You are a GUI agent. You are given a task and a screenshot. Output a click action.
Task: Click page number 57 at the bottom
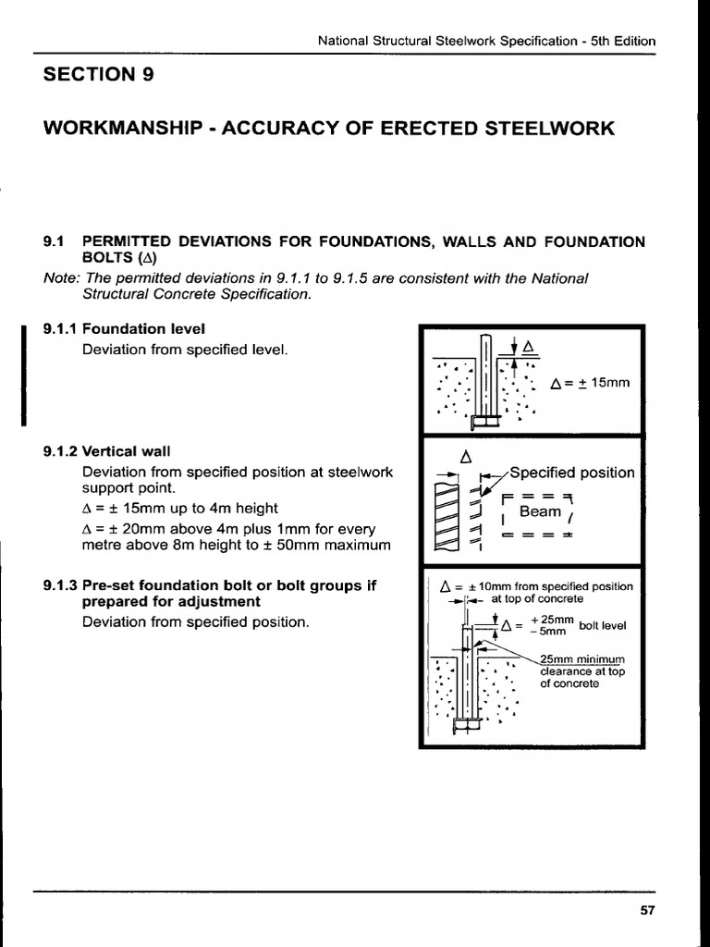(647, 910)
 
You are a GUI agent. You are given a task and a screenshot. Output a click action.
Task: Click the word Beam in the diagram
(541, 511)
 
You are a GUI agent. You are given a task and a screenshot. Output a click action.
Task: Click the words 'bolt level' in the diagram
(603, 625)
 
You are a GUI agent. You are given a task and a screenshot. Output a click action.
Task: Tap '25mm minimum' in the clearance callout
(582, 659)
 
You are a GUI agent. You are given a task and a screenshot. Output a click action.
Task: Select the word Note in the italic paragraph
(61, 277)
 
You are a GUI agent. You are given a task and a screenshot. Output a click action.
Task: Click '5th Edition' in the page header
(625, 41)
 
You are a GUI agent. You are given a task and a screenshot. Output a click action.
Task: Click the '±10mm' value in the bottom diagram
(472, 586)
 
